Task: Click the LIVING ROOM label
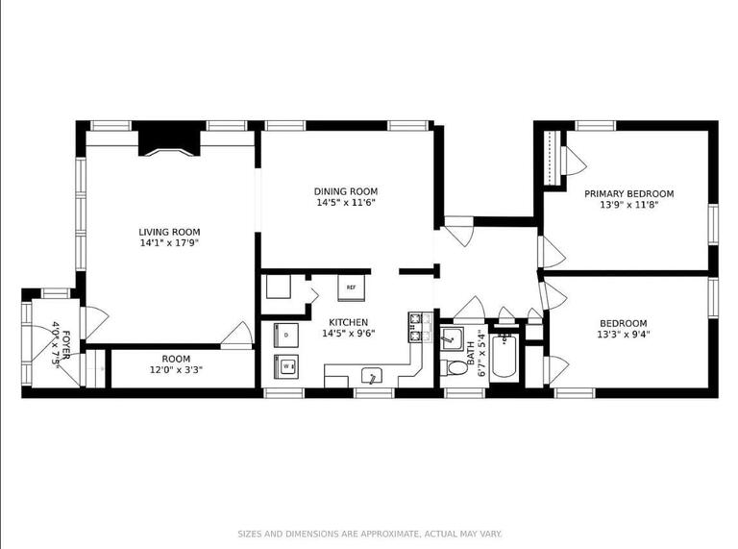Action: click(x=169, y=232)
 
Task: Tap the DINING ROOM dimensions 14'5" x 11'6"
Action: click(x=345, y=203)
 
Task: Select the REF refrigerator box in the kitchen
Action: click(x=351, y=287)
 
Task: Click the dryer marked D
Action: click(x=285, y=336)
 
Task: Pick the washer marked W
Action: click(x=285, y=365)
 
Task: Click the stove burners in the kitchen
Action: click(x=417, y=327)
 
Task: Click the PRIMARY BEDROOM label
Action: click(x=629, y=193)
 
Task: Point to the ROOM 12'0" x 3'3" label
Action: click(x=175, y=363)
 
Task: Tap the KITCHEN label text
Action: click(x=348, y=322)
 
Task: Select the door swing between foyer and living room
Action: click(x=94, y=321)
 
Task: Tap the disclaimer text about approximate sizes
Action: click(x=368, y=533)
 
